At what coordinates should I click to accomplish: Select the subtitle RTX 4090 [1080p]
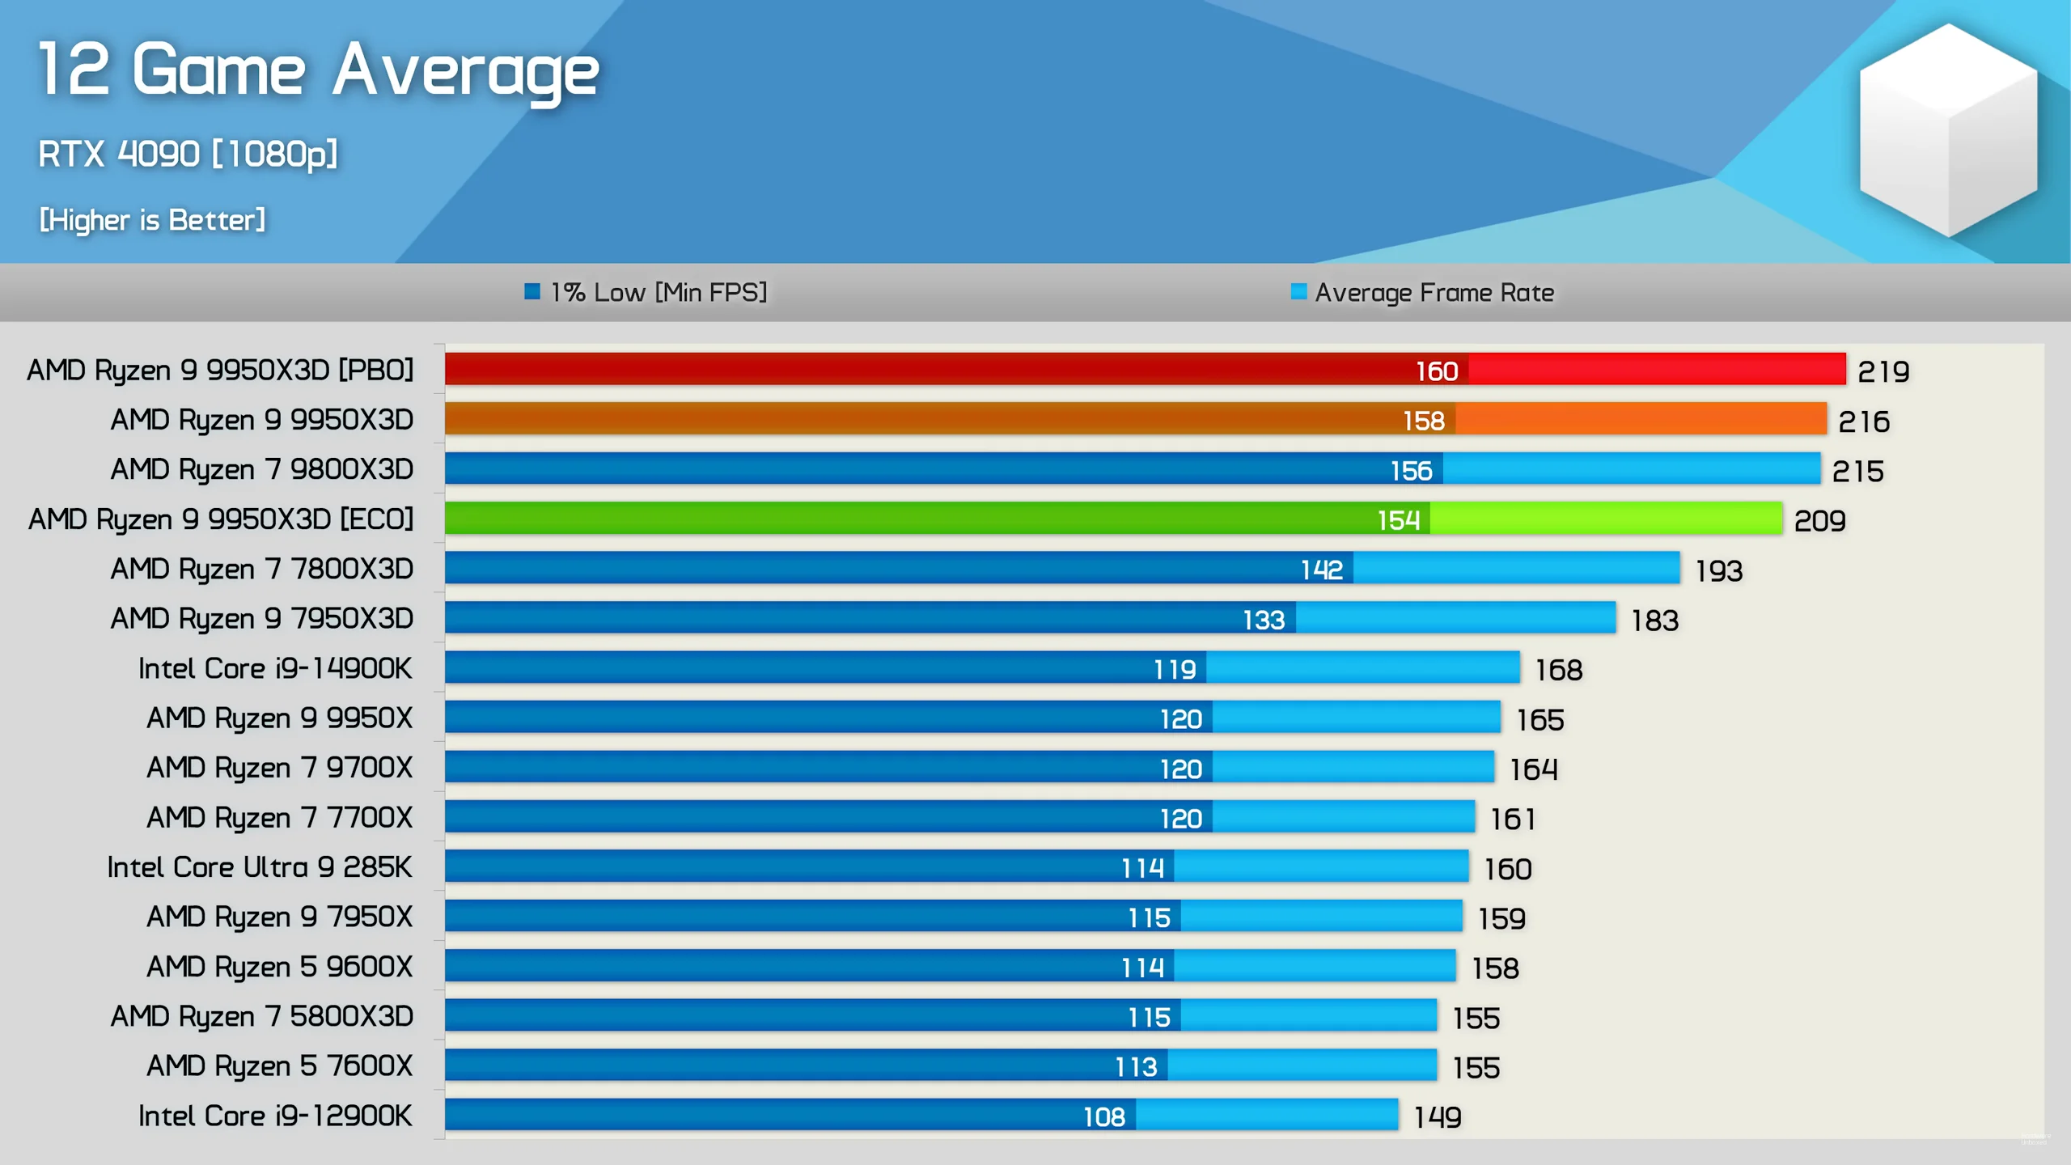pos(188,154)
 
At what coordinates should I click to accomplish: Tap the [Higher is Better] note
pos(152,220)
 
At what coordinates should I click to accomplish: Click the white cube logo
pos(1947,129)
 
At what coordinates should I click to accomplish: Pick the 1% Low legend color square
pos(532,291)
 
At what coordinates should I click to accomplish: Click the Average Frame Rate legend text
pos(1434,292)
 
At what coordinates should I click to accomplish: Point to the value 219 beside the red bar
pos(1883,371)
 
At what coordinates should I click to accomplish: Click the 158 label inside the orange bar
pos(1423,421)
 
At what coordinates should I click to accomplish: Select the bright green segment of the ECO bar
pos(1606,519)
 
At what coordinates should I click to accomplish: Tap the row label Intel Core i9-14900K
pos(275,668)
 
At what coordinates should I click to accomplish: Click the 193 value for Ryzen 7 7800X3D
pos(1718,571)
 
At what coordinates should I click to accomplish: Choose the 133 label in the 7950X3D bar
pos(1263,620)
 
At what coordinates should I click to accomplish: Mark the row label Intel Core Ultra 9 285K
pos(260,867)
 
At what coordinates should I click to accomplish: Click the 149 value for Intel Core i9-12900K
pos(1437,1117)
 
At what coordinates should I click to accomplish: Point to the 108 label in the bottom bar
pos(1103,1117)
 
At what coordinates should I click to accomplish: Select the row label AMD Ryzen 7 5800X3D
pos(262,1016)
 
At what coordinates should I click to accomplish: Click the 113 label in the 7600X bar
pos(1136,1067)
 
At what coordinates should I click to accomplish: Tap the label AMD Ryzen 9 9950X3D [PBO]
pos(220,370)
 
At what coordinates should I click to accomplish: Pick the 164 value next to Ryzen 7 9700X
pos(1533,769)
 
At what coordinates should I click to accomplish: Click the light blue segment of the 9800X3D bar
pos(1630,469)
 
